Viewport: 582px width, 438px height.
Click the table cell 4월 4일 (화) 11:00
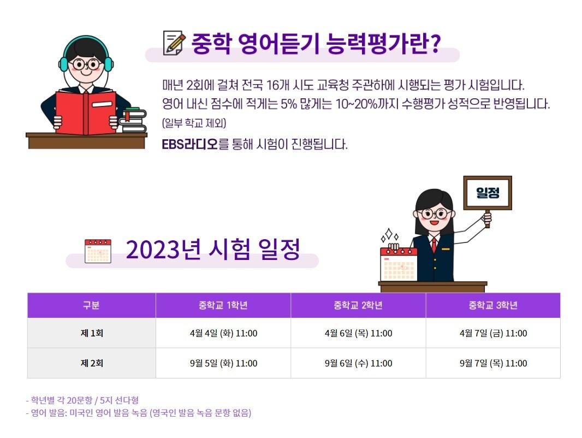tap(223, 333)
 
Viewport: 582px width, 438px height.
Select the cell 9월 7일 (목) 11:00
tap(494, 363)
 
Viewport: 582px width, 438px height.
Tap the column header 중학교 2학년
tap(358, 305)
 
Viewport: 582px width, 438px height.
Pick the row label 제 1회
tap(92, 333)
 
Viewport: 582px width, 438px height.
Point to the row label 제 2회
tap(92, 363)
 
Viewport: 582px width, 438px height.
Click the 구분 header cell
tap(92, 305)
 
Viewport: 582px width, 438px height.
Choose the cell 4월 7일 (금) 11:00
tap(494, 333)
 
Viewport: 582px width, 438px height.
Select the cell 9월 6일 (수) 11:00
tap(358, 363)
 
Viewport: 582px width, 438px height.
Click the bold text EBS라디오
tap(189, 144)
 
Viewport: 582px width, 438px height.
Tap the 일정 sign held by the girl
tap(488, 193)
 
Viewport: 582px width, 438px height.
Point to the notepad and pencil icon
tap(174, 43)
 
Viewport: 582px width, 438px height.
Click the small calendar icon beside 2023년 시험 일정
tap(98, 251)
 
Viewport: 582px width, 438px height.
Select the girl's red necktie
tap(433, 245)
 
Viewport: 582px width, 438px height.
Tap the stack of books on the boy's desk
tap(133, 120)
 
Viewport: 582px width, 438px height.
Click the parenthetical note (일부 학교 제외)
tap(194, 123)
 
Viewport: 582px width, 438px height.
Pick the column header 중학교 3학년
tap(494, 305)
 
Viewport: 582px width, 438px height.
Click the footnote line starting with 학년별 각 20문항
tap(82, 400)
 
